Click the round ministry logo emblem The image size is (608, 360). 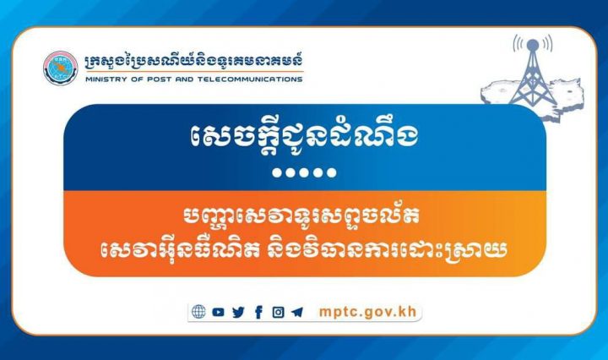[x=61, y=68]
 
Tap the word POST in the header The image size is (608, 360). [x=158, y=79]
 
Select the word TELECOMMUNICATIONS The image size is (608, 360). [x=250, y=79]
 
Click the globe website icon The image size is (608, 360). [x=198, y=312]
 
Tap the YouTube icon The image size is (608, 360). [x=218, y=312]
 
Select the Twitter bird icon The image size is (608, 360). [x=238, y=312]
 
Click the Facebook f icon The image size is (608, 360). [x=258, y=312]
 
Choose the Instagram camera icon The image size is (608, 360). [x=278, y=312]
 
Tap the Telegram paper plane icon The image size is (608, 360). [x=297, y=312]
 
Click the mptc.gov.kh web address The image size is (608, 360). [x=367, y=312]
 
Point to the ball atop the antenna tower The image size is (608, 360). [x=533, y=45]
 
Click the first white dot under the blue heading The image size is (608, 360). [x=277, y=172]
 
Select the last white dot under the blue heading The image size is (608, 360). [x=332, y=172]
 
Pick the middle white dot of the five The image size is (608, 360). [x=304, y=172]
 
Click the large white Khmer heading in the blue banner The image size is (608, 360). [x=304, y=138]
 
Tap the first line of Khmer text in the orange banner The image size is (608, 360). [x=301, y=216]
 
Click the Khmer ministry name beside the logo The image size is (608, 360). [x=194, y=62]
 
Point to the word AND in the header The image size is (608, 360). [x=184, y=79]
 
